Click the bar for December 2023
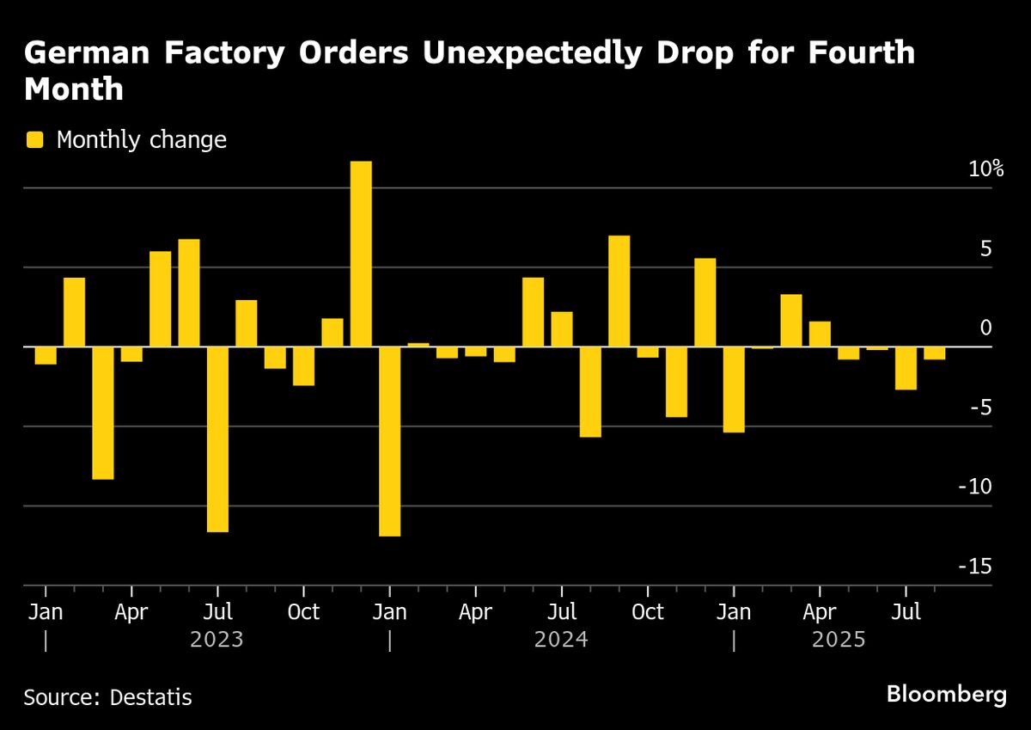pyautogui.click(x=361, y=255)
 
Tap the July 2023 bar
pyautogui.click(x=217, y=439)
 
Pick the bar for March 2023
pyautogui.click(x=103, y=413)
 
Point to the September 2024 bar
pyautogui.click(x=619, y=291)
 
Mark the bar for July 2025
pyautogui.click(x=906, y=368)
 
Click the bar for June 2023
pyautogui.click(x=189, y=293)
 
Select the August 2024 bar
pyautogui.click(x=590, y=392)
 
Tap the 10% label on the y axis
pyautogui.click(x=985, y=169)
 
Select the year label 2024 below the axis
pyautogui.click(x=561, y=640)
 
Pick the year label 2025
pyautogui.click(x=838, y=640)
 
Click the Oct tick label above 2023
pyautogui.click(x=303, y=612)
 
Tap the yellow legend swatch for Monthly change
pyautogui.click(x=34, y=139)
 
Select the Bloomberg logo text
pyautogui.click(x=946, y=694)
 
